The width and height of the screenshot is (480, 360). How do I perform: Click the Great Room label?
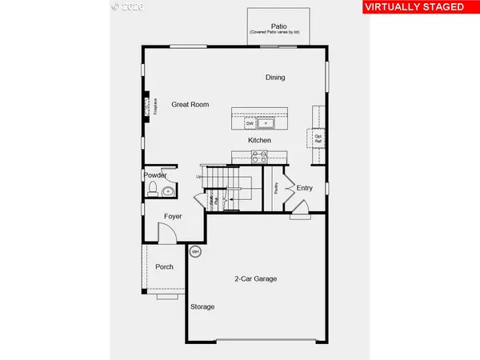point(190,104)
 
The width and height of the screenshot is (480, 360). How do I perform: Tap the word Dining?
point(275,78)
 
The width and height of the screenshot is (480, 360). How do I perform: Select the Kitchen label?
point(259,141)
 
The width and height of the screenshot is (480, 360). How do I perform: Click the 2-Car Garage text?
point(257,278)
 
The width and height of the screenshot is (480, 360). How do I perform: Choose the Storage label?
point(202,306)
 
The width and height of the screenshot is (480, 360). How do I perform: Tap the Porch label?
point(164,266)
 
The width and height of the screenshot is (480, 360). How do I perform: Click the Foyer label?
point(173,216)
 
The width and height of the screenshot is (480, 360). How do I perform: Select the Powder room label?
point(154,175)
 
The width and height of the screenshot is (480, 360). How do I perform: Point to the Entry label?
point(305,188)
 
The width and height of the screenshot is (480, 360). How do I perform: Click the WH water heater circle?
point(194,251)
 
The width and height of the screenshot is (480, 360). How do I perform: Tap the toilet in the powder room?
point(151,190)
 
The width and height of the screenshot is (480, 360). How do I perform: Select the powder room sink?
point(167,191)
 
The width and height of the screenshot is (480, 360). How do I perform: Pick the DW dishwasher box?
point(250,124)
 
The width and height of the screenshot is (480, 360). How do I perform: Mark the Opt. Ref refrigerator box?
point(318,138)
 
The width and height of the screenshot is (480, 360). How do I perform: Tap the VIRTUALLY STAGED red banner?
point(414,7)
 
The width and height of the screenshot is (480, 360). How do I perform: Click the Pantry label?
point(276,189)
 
